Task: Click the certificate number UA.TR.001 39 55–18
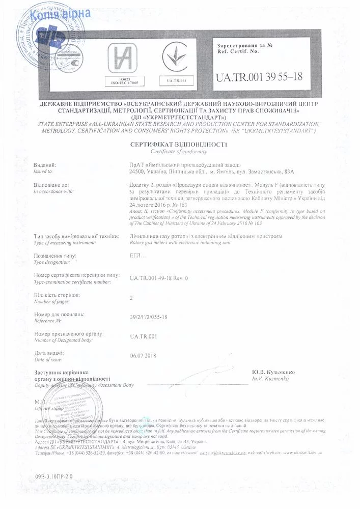tap(259, 77)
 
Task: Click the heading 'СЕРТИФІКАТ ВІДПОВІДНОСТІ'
tap(180, 145)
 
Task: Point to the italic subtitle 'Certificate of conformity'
tap(180, 152)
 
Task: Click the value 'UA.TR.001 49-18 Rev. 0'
tap(159, 278)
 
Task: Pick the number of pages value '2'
tap(131, 298)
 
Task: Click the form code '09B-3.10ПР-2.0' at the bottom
tap(55, 475)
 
